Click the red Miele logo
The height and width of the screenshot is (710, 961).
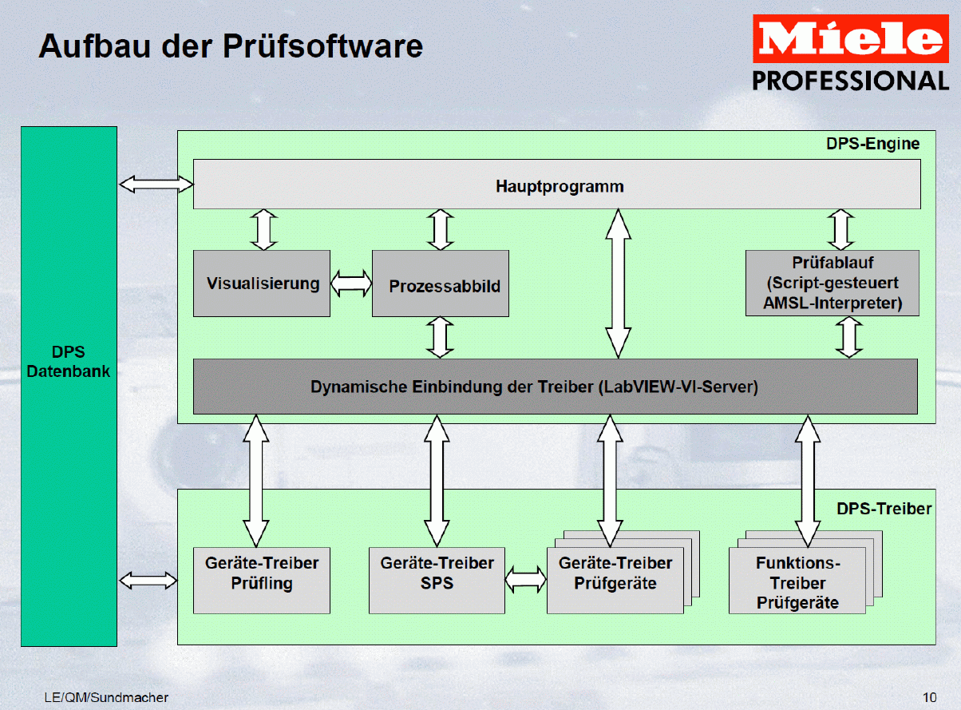851,38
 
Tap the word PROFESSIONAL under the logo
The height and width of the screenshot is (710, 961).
851,81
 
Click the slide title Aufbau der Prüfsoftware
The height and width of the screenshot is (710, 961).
231,46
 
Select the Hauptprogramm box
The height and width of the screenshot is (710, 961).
557,184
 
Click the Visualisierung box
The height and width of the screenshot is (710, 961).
262,284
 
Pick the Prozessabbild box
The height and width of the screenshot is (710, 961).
441,284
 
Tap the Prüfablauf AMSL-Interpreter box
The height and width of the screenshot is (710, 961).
832,283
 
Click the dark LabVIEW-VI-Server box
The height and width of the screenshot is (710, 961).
555,387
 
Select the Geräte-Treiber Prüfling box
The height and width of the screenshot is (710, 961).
262,581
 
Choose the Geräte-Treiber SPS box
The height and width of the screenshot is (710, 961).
437,581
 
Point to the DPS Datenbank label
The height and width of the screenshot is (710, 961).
69,361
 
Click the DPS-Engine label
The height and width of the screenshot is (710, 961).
872,144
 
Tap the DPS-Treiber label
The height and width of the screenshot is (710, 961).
884,508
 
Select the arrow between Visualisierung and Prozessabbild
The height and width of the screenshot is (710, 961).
351,284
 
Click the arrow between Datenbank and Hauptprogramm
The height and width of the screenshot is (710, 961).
156,184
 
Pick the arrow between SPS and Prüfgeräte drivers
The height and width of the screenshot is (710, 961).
525,580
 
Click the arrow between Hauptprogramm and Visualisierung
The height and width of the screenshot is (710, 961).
264,230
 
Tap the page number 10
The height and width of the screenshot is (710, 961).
929,697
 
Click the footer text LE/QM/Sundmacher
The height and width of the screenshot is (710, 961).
106,697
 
